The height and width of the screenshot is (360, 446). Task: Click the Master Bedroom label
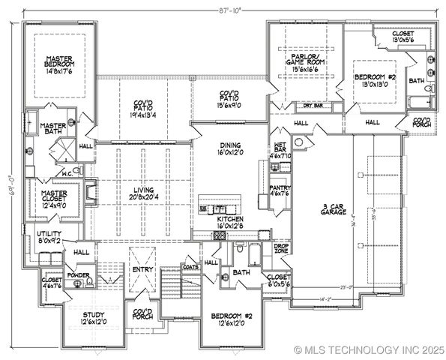pyautogui.click(x=58, y=66)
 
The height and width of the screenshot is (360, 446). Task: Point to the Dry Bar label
pyautogui.click(x=302, y=106)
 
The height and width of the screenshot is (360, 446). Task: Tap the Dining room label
pyautogui.click(x=230, y=150)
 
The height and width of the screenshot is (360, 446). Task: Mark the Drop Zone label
pyautogui.click(x=281, y=247)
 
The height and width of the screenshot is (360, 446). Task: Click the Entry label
pyautogui.click(x=142, y=268)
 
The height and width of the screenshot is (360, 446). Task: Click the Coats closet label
pyautogui.click(x=189, y=265)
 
